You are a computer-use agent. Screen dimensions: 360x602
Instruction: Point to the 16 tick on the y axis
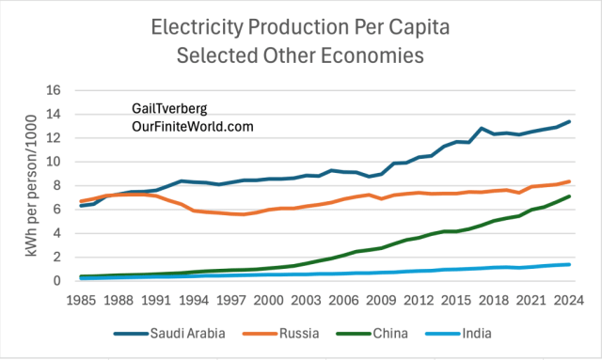(53, 90)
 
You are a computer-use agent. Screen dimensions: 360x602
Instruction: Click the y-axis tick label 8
(56, 185)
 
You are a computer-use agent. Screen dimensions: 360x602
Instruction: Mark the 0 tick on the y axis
(56, 280)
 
